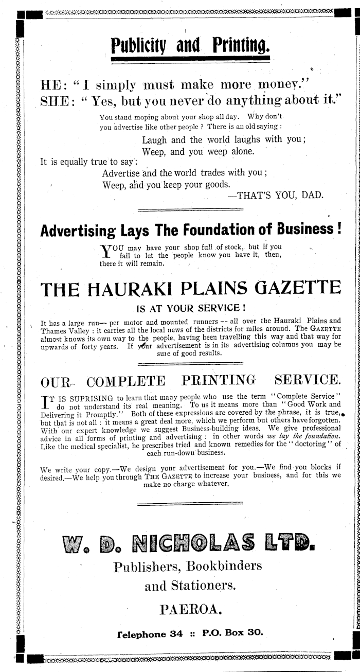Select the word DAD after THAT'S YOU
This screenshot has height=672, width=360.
pos(311,195)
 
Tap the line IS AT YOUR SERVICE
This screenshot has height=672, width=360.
pos(190,309)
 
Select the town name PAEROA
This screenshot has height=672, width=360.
pos(191,610)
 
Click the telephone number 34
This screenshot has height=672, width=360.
pos(176,634)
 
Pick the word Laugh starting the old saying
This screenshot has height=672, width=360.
pos(155,139)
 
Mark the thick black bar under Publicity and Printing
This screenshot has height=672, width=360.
pos(190,59)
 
